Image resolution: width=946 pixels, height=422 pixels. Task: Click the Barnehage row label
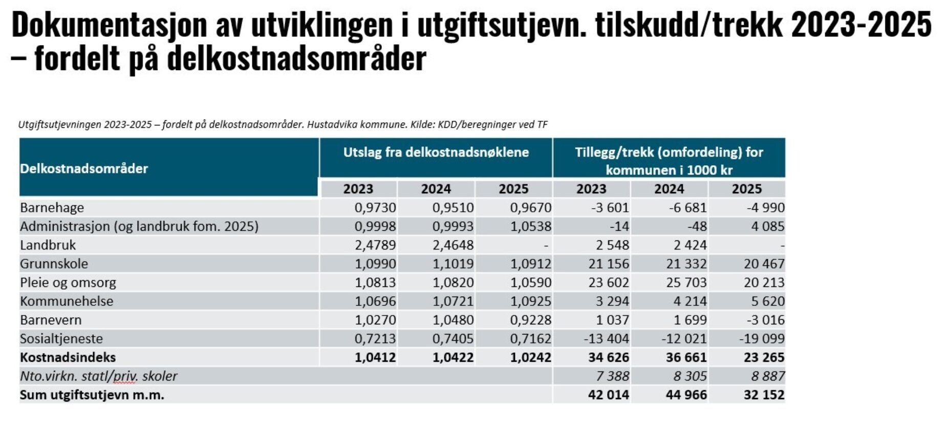52,208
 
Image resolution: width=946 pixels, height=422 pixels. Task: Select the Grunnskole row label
54,264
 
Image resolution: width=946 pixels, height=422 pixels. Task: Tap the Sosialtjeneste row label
61,339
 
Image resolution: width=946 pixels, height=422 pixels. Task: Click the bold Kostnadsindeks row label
68,357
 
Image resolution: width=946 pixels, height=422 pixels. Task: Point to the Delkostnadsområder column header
84,168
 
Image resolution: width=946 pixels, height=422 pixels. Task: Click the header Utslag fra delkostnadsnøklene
436,152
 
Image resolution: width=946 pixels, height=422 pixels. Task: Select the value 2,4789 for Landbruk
375,245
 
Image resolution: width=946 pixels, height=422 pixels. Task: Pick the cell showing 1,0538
531,227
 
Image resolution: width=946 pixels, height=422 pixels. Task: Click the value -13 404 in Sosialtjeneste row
606,339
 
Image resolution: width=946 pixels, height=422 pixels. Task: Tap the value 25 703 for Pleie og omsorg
686,282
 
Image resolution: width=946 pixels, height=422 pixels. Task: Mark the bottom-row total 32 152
764,395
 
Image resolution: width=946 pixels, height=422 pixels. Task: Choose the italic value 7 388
612,376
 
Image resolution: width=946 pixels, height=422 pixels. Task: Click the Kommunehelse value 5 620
768,301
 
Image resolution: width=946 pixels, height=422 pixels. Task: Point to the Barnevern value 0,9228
531,320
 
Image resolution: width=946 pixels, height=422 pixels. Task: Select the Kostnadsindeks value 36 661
686,357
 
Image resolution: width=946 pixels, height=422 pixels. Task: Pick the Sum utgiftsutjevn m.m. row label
92,395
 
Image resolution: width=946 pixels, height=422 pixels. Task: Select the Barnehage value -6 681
687,208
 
